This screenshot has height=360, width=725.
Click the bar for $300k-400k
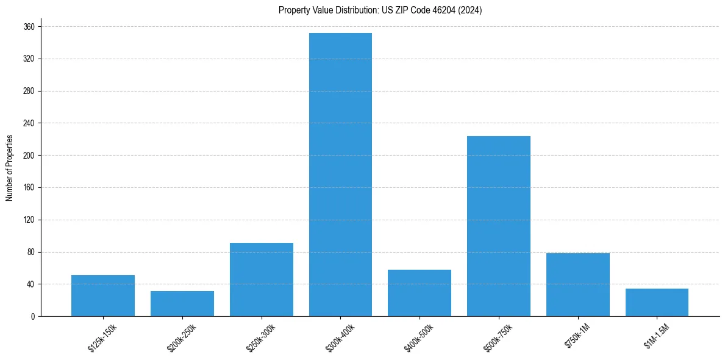(x=340, y=175)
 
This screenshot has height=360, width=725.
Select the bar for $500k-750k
(x=499, y=226)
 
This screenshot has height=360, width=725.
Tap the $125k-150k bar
(x=103, y=295)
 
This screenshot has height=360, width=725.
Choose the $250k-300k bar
(x=262, y=279)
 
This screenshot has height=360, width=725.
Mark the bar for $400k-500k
(x=420, y=293)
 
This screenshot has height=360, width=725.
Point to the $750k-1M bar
(x=578, y=284)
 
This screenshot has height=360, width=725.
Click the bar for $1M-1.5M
(x=657, y=302)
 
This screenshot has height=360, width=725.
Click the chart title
(x=380, y=10)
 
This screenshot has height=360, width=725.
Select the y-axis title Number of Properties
(x=9, y=168)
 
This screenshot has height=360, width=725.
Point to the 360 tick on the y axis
(x=29, y=27)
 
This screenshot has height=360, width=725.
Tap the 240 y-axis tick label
(x=29, y=123)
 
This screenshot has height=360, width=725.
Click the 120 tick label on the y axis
(x=29, y=220)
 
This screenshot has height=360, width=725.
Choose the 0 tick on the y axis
(x=32, y=316)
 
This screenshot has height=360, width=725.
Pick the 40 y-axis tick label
(x=30, y=284)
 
